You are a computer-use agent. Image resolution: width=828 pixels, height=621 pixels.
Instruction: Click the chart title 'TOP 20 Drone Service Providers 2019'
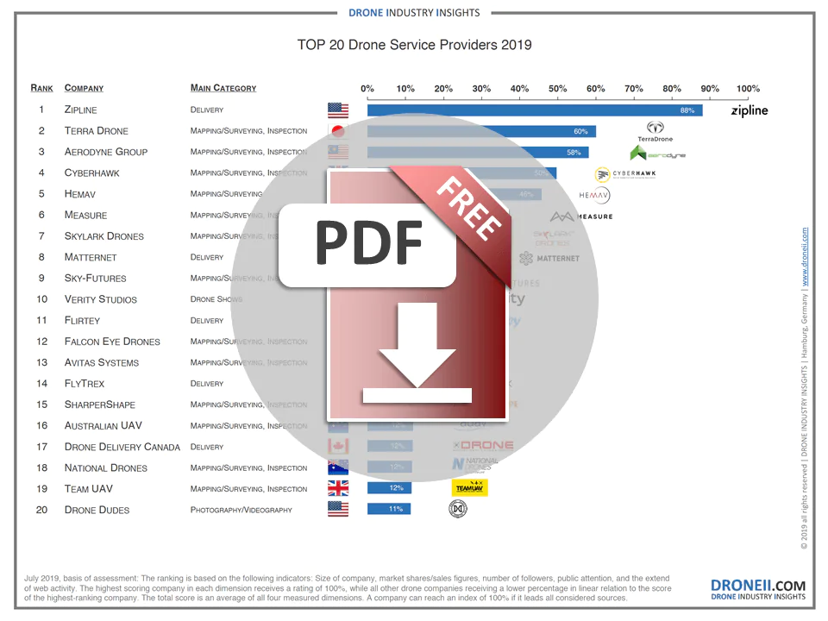click(x=414, y=45)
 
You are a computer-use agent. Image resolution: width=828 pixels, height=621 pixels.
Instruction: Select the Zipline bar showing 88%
click(x=535, y=110)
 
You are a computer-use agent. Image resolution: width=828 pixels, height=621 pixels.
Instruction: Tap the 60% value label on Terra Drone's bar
click(x=580, y=131)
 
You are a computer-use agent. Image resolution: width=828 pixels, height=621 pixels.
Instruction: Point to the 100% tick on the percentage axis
click(x=748, y=88)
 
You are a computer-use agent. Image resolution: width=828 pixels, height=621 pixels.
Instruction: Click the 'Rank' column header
click(x=41, y=88)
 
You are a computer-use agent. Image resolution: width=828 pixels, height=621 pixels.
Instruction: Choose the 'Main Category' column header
click(x=223, y=88)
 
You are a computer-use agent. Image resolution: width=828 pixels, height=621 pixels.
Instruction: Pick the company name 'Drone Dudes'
click(x=97, y=510)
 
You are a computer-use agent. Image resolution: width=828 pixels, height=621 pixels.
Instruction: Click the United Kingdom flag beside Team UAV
click(x=337, y=488)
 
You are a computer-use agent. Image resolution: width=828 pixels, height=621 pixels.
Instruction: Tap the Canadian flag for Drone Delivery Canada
click(x=337, y=447)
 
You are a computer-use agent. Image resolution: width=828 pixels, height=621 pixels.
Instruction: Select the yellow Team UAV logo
click(x=469, y=488)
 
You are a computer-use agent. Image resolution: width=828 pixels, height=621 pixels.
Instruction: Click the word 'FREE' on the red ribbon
click(x=469, y=207)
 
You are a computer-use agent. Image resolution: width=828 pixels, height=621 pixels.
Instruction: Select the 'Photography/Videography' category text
click(x=241, y=510)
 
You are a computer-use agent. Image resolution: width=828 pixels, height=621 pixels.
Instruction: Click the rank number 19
click(x=41, y=488)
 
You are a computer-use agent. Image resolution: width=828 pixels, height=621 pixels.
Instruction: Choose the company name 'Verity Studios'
click(x=100, y=299)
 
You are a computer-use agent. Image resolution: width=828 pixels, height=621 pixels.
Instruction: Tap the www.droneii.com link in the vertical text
click(x=805, y=257)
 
